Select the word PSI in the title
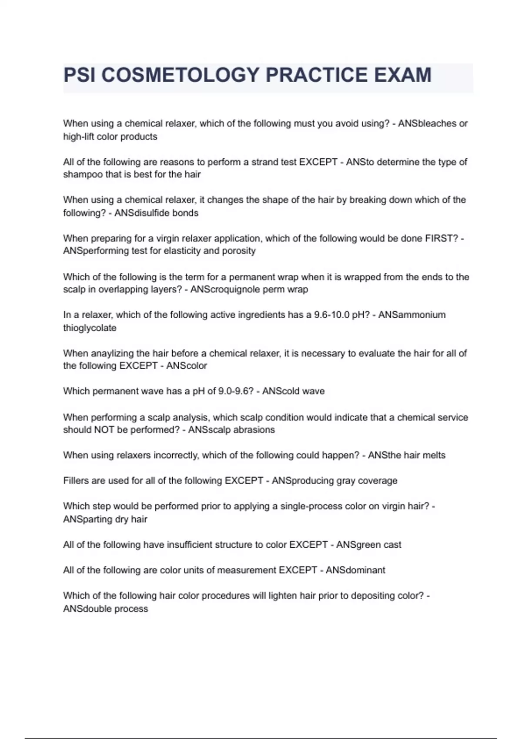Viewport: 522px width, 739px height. coord(79,75)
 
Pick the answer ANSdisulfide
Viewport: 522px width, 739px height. coord(142,213)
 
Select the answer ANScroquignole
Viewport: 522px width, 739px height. coord(225,290)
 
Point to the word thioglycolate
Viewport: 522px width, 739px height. coord(90,328)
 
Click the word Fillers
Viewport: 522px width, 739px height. coord(77,481)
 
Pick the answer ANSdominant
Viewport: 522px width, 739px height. coord(355,570)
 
